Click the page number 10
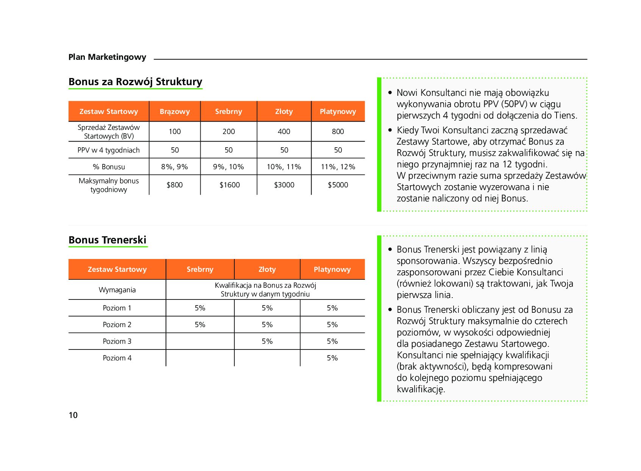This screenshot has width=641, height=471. [73, 415]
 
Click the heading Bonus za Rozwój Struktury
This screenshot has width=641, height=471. [135, 82]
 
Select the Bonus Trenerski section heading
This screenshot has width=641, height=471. [108, 240]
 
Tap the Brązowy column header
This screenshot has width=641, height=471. [175, 111]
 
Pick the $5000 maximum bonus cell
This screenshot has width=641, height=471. [338, 185]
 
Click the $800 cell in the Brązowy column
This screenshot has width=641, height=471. [175, 185]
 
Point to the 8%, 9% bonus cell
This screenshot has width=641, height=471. [175, 167]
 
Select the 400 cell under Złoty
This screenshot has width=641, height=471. [284, 131]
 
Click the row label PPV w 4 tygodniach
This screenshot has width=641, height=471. [109, 150]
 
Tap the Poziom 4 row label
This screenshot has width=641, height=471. [117, 358]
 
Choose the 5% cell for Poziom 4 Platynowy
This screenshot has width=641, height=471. [332, 358]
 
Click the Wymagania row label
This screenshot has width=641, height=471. [117, 290]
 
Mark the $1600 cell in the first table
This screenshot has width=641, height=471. [229, 185]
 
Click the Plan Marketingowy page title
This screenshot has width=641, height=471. [107, 57]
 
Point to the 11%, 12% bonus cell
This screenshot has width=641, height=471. [338, 167]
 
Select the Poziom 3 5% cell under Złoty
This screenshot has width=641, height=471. [267, 341]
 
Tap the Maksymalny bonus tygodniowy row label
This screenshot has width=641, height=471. [109, 185]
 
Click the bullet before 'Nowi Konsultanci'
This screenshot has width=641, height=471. [390, 92]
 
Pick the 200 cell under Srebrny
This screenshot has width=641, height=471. [229, 131]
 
